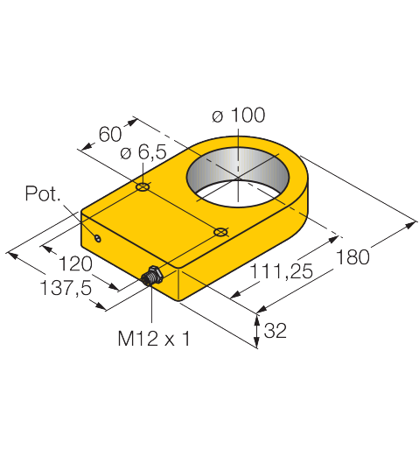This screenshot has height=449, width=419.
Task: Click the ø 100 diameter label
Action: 238,115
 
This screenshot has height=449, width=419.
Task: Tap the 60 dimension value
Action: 110,134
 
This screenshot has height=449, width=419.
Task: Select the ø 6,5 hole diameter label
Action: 143,152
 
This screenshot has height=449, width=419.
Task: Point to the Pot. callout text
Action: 43,193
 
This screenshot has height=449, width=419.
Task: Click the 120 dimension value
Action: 75,263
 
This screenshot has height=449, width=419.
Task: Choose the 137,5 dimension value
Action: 66,288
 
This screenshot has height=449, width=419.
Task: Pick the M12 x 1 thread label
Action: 154,339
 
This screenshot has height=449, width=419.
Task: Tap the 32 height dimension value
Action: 276,331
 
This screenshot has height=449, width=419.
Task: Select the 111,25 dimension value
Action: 282,271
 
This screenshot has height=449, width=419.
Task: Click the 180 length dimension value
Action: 353,257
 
